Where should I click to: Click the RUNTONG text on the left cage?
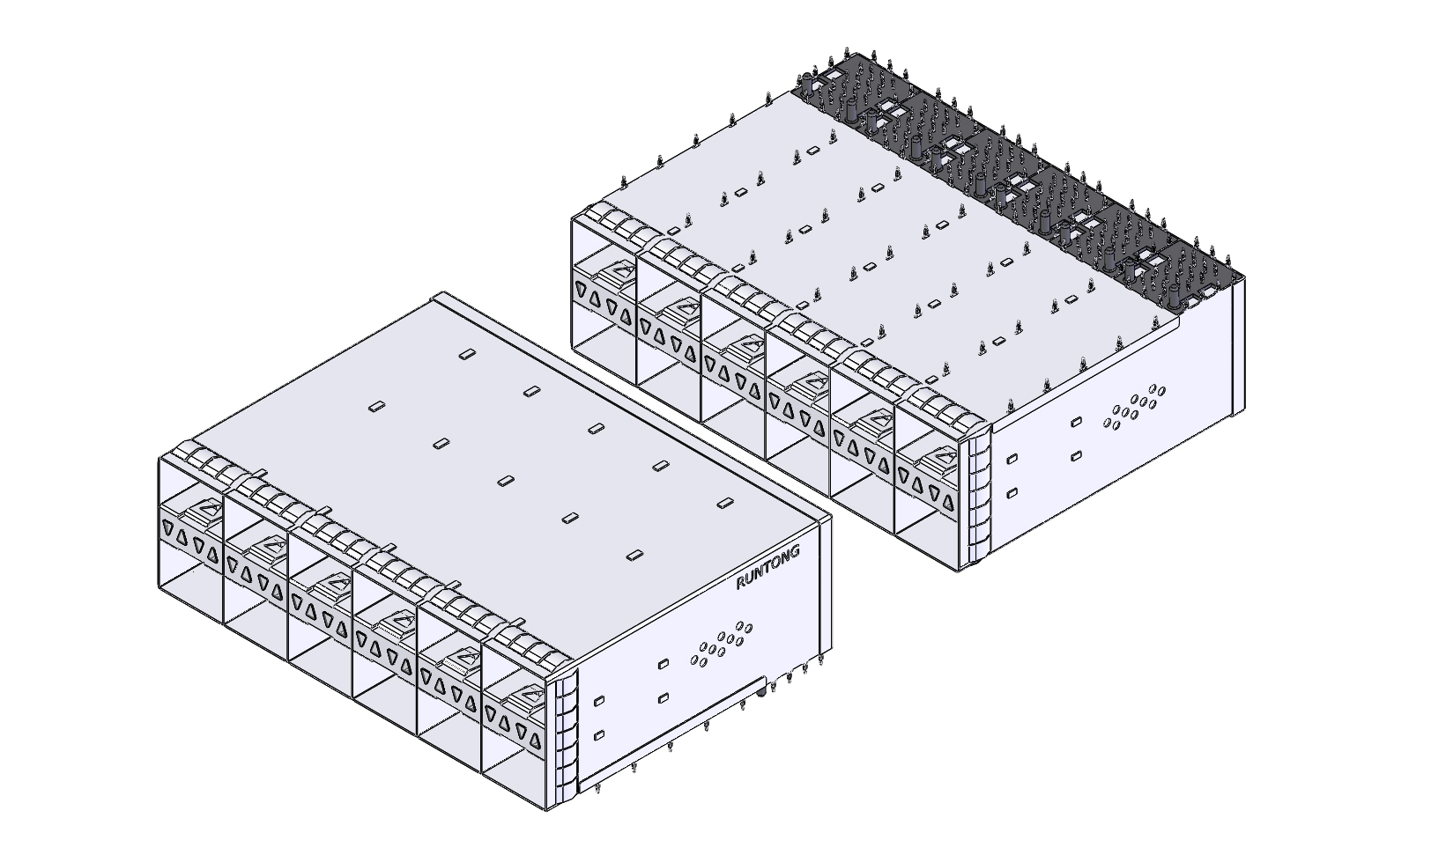[768, 569]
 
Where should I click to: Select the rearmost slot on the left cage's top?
[466, 354]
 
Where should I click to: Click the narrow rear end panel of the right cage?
[1237, 343]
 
